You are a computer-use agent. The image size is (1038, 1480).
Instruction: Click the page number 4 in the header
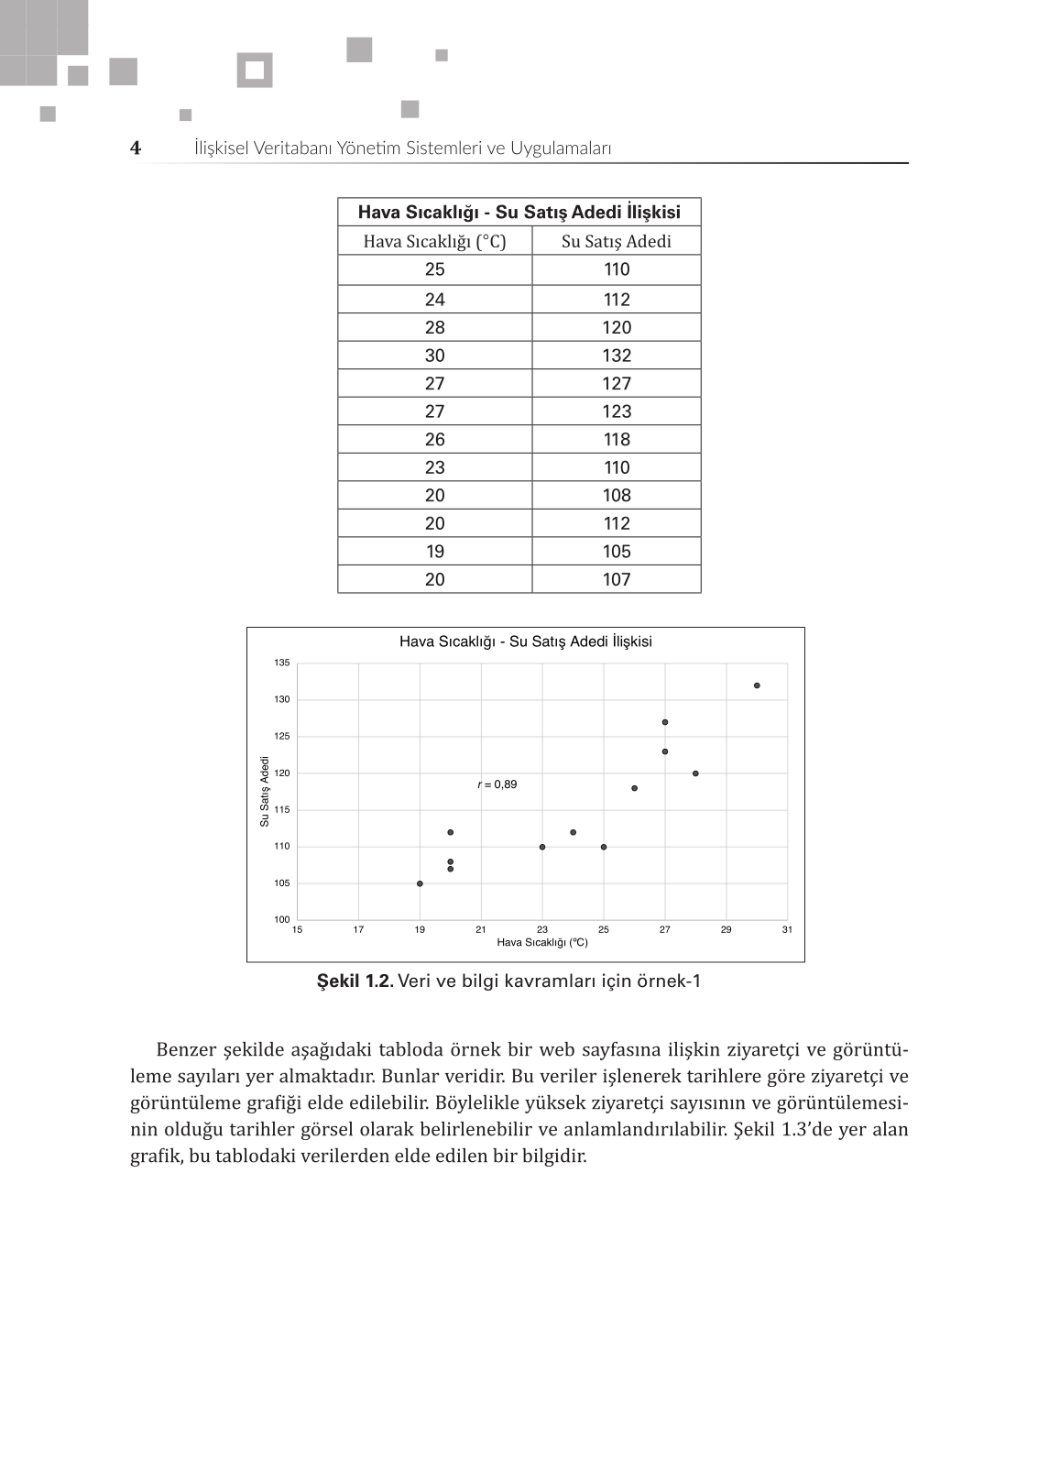point(136,148)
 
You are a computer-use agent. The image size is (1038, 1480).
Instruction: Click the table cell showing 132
point(617,356)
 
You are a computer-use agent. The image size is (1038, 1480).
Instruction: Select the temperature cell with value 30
point(435,356)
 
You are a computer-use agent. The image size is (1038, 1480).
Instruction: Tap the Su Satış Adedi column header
point(617,241)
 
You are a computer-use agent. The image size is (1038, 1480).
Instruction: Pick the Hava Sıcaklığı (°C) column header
point(435,241)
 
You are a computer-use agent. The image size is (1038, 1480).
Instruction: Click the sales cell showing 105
point(617,552)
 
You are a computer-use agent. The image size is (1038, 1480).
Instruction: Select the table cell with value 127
point(617,384)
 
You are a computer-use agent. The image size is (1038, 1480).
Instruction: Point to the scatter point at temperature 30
point(757,685)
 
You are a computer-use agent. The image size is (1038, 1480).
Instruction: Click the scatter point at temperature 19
point(420,883)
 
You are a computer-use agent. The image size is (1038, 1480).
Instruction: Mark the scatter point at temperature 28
point(695,773)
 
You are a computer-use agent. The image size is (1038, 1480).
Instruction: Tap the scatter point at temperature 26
point(634,788)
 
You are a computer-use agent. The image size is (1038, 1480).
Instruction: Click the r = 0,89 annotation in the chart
point(497,784)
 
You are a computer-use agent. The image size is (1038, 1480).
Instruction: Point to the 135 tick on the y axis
point(282,663)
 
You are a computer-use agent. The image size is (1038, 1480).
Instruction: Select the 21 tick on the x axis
point(481,929)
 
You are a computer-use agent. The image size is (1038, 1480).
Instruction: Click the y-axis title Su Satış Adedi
point(265,791)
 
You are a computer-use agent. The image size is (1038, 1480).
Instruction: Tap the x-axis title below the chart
point(542,942)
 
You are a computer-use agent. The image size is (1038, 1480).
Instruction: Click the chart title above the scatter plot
point(526,641)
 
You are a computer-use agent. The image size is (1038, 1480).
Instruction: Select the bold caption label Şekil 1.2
point(355,981)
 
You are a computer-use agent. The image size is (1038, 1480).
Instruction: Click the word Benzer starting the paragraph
point(186,1050)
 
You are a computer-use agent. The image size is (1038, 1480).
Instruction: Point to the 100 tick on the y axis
point(282,919)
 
